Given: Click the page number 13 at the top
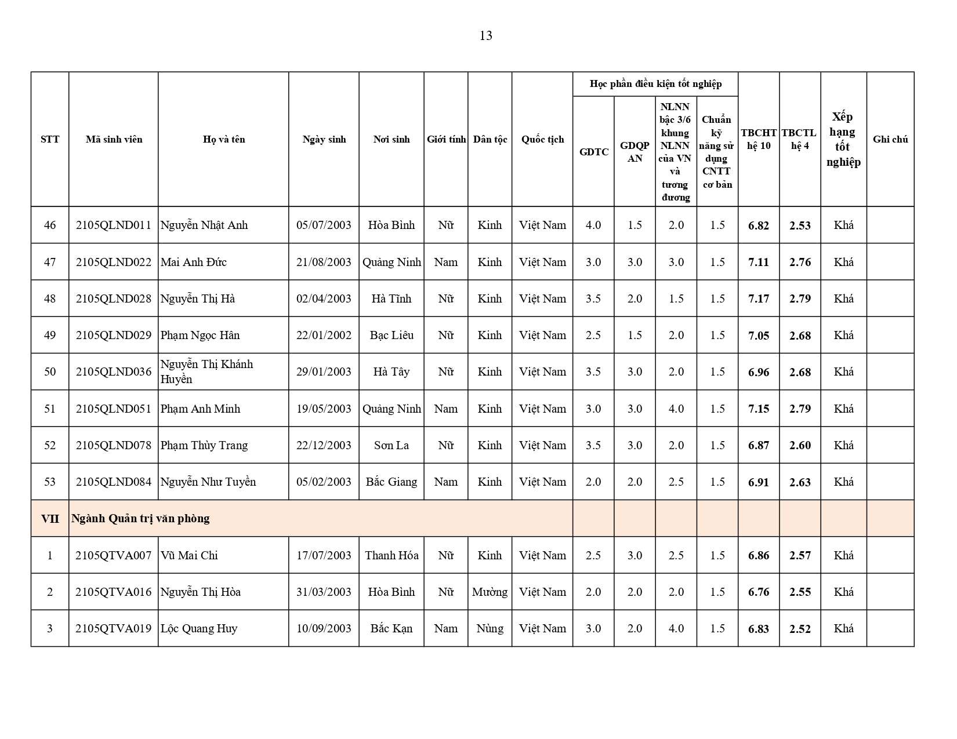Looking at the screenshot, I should tap(485, 36).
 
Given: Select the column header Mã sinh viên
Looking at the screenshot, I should tap(114, 139).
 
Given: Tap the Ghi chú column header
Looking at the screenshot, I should tap(890, 139).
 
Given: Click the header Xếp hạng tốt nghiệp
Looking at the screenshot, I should tap(843, 139).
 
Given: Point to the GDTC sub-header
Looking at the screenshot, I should tap(593, 152).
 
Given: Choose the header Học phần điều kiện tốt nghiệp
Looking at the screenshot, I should tap(655, 84).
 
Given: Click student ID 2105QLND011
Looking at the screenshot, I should tap(114, 225).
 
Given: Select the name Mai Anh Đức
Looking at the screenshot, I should tap(193, 262).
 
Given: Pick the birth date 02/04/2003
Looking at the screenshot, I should tap(324, 298).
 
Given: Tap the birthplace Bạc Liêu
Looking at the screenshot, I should tap(391, 335).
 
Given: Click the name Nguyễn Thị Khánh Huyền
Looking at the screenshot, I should tap(206, 372).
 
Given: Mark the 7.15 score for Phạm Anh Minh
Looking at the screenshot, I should tap(758, 409).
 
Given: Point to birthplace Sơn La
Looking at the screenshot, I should tap(391, 445).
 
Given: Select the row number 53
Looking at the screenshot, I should tap(50, 482).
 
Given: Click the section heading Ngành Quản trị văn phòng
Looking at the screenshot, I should tap(140, 518).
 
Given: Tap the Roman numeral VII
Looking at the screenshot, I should tap(50, 518).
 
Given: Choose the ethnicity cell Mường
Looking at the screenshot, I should tap(490, 592).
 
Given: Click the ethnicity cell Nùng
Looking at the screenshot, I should tap(490, 628).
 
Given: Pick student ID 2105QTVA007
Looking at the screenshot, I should tap(114, 555).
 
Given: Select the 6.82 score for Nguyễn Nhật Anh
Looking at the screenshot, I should tap(758, 225).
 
